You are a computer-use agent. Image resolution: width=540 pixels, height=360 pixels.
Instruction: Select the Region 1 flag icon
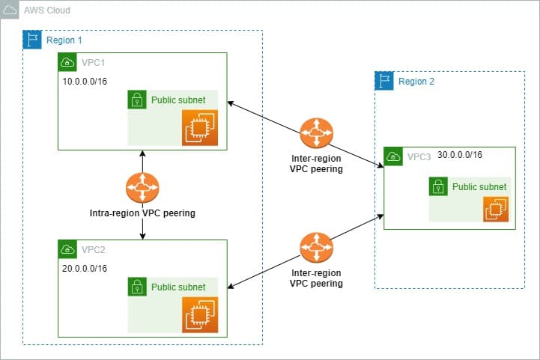point(32,40)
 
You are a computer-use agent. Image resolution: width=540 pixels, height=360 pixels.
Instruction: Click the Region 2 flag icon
point(383,82)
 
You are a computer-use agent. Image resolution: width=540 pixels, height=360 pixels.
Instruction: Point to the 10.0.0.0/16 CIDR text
point(85,80)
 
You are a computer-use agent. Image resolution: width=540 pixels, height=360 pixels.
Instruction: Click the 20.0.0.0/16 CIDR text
point(85,267)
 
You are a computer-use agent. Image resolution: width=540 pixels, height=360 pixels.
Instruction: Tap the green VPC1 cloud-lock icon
point(68,62)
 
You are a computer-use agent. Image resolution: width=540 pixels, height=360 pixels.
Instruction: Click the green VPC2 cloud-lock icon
point(68,249)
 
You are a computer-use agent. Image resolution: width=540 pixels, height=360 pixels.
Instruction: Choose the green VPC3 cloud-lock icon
point(393,156)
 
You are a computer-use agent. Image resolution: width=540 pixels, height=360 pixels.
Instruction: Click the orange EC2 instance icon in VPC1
point(200,128)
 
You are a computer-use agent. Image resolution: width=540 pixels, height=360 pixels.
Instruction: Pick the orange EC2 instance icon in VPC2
point(200,314)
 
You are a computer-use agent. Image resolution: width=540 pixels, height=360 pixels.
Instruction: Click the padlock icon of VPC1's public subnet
point(137,100)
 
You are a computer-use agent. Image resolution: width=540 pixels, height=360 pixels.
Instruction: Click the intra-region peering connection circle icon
point(142,187)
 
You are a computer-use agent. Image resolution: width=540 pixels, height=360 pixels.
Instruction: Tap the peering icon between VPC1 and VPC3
point(315,134)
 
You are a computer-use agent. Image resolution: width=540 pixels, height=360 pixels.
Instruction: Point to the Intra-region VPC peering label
point(142,213)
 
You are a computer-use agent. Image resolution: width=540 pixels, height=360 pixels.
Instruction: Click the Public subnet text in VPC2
point(178,287)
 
